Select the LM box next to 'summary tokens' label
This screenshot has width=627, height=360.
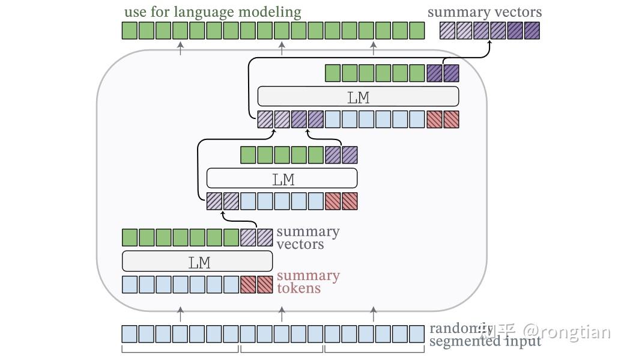click(197, 261)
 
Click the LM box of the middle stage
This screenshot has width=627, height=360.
click(282, 178)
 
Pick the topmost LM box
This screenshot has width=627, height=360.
click(358, 97)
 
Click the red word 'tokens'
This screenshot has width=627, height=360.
click(298, 288)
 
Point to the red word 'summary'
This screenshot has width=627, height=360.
click(308, 276)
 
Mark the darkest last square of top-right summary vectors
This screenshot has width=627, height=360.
click(532, 31)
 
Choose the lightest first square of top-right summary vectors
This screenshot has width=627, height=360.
click(447, 31)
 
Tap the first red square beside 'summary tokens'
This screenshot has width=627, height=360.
click(248, 284)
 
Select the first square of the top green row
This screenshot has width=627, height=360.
click(130, 31)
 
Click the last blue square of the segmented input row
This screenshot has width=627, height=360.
click(416, 334)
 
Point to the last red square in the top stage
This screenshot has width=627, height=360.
click(451, 120)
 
